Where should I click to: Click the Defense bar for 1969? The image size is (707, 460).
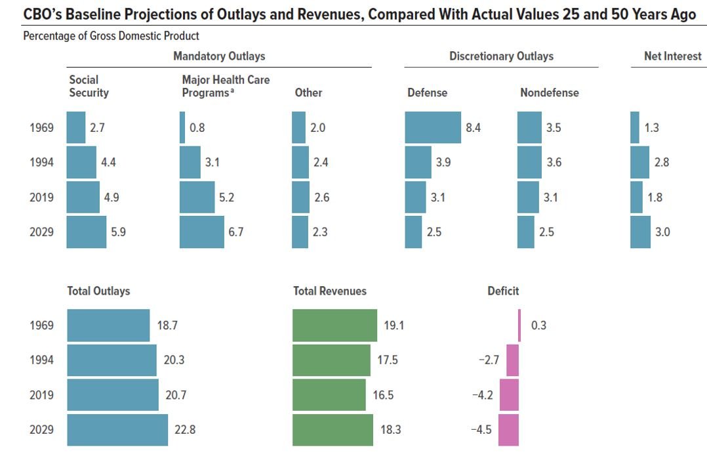click(x=433, y=127)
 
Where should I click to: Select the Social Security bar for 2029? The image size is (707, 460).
click(x=87, y=232)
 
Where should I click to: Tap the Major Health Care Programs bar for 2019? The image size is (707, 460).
click(x=197, y=197)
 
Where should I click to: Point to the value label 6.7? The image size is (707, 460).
click(x=235, y=232)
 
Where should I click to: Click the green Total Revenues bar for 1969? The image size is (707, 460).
click(x=334, y=325)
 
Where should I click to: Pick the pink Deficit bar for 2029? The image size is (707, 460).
click(x=508, y=430)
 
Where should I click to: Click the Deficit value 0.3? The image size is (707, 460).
click(x=538, y=325)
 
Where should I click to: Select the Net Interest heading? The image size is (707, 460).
click(x=672, y=56)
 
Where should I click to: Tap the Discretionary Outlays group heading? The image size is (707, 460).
click(x=501, y=56)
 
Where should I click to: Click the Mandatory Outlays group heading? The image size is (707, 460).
click(x=219, y=56)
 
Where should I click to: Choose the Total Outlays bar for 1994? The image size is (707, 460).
click(x=111, y=360)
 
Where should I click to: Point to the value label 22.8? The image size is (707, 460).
click(x=184, y=430)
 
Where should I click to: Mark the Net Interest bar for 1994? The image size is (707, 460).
click(x=639, y=162)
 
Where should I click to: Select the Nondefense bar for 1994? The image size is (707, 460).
click(x=529, y=162)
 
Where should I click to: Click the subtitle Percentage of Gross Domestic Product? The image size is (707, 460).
click(x=111, y=35)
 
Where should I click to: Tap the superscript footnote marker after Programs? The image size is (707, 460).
click(x=233, y=91)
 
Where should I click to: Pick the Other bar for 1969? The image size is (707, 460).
click(x=298, y=127)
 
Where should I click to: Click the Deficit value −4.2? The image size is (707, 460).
click(x=481, y=395)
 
